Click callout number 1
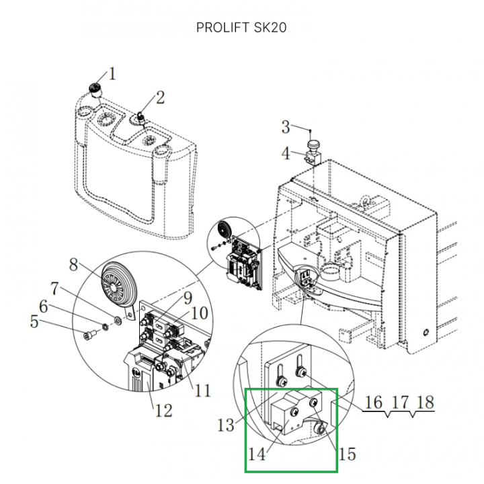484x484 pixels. tap(112, 73)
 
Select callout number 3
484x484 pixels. tap(286, 126)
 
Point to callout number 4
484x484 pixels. tap(286, 153)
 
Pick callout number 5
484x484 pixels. tap(34, 322)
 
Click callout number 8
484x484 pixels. tap(75, 264)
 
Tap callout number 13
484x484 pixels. tap(226, 424)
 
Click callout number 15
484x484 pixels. tap(347, 454)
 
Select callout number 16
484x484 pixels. tap(373, 403)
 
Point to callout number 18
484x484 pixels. tap(425, 403)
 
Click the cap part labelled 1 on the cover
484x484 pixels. tap(95, 88)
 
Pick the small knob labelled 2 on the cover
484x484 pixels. tap(142, 118)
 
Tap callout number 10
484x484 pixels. tap(199, 313)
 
